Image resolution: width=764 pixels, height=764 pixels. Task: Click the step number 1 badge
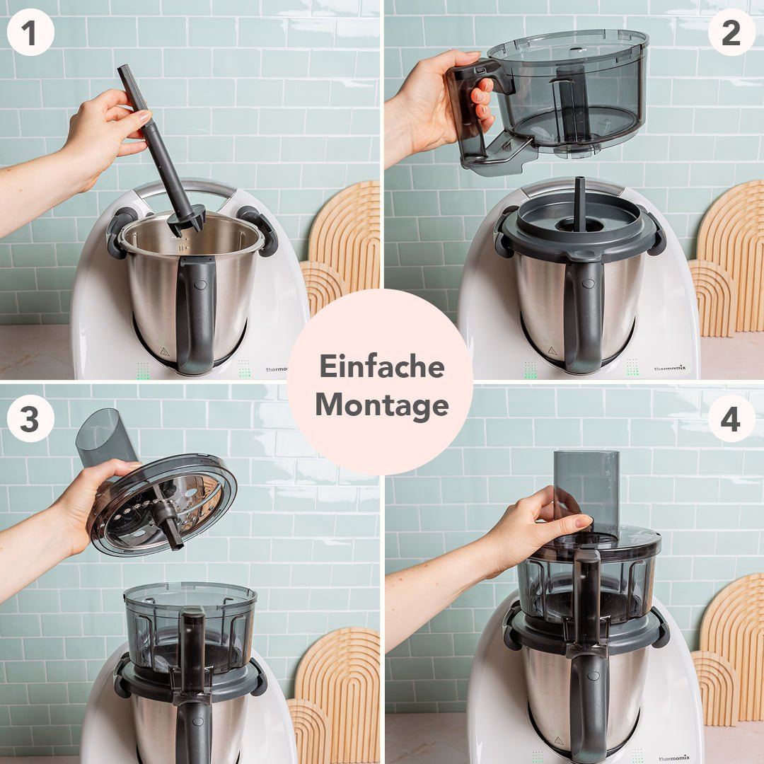click(30, 32)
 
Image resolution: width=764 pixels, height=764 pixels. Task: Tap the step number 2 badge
click(731, 32)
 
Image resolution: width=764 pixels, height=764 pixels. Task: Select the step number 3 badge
click(30, 419)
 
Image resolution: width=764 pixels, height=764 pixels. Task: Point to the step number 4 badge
click(731, 419)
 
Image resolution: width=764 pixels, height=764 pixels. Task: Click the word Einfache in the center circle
click(381, 366)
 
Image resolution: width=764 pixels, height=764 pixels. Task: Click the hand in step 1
click(103, 134)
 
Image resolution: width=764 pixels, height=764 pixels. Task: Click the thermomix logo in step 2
click(668, 368)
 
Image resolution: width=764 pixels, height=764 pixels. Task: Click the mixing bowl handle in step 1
click(196, 311)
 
